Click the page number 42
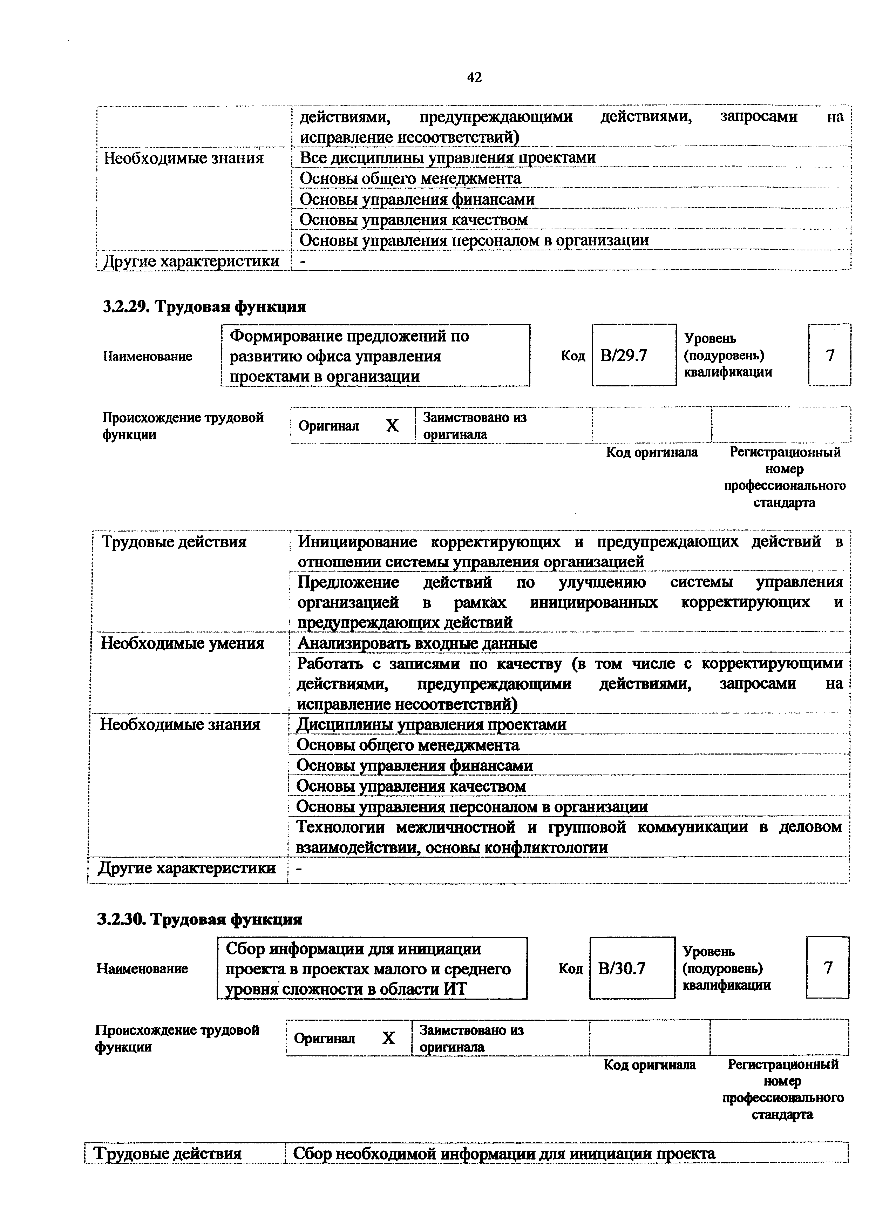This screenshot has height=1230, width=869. [x=474, y=78]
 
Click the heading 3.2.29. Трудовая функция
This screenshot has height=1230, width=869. [x=204, y=306]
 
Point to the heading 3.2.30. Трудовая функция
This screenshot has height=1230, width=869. [x=200, y=919]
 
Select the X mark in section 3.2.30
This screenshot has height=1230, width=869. [x=389, y=1038]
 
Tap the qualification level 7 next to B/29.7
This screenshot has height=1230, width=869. [x=829, y=355]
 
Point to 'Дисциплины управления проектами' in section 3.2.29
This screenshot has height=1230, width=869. [x=431, y=724]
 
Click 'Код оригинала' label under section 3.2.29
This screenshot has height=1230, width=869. [x=652, y=452]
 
